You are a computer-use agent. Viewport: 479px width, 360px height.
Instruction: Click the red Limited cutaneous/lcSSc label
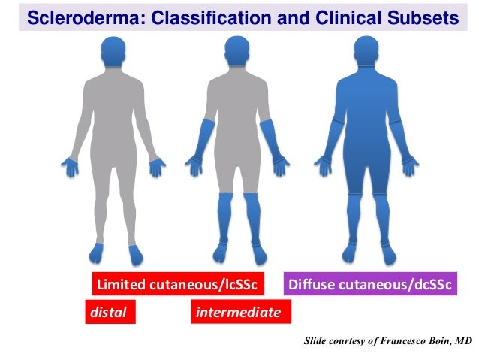point(178,285)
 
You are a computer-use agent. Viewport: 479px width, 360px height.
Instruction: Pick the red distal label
point(109,310)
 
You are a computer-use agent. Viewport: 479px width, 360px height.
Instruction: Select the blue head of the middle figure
point(239,50)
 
